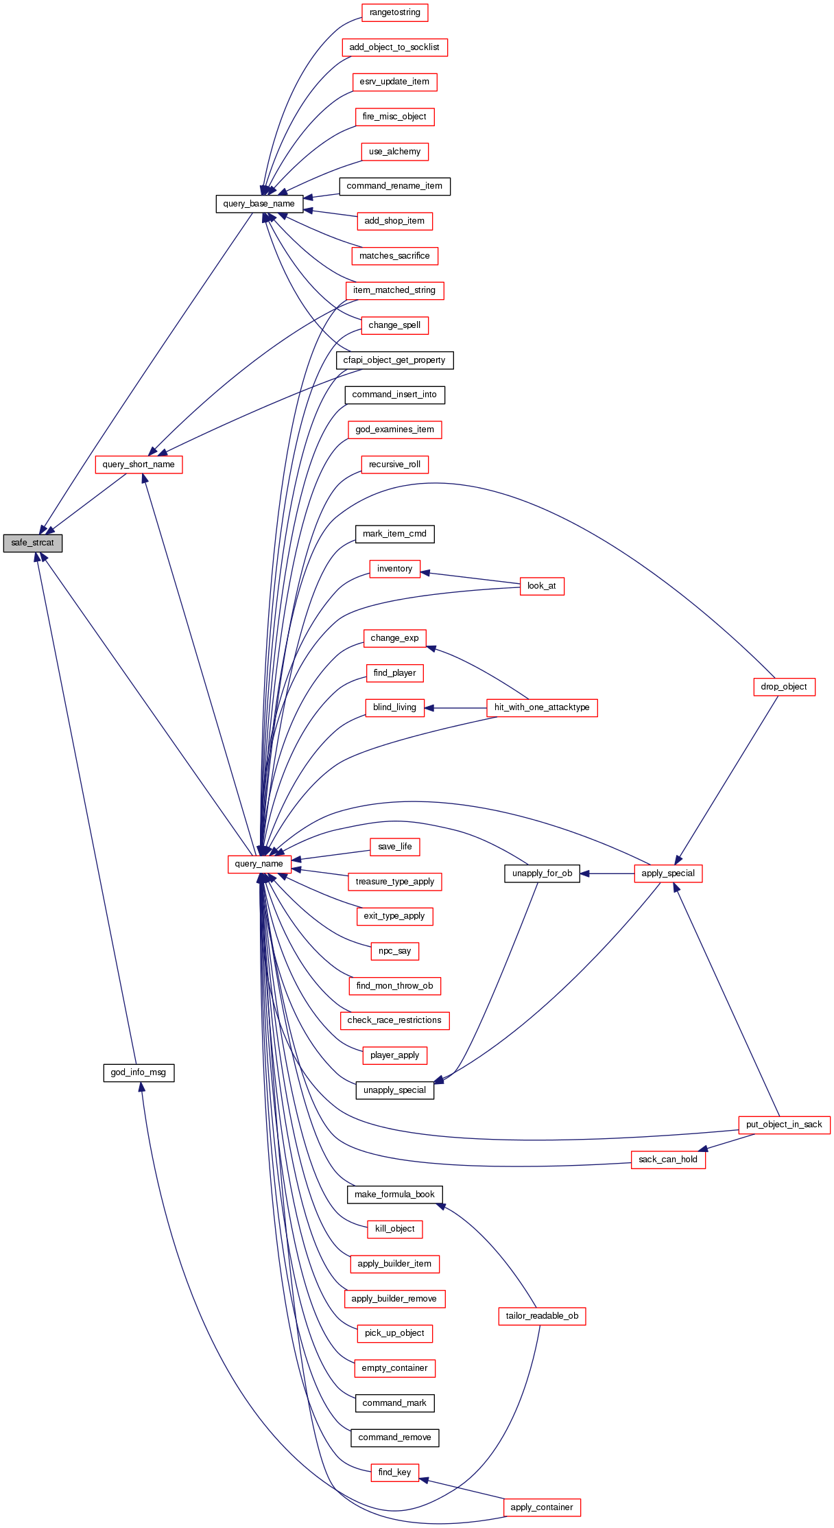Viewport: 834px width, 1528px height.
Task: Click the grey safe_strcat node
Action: [32, 543]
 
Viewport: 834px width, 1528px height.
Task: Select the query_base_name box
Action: [259, 204]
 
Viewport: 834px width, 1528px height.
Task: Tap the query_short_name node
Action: [139, 465]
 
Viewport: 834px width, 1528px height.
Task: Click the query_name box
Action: [259, 864]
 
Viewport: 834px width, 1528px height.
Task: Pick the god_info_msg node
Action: [139, 1072]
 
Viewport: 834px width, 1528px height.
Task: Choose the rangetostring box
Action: [394, 12]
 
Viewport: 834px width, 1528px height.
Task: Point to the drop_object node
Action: [783, 687]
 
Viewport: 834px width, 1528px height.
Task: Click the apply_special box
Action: [667, 873]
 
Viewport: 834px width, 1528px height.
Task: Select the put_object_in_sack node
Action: [783, 1125]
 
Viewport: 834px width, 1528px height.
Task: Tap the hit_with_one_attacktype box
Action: [542, 707]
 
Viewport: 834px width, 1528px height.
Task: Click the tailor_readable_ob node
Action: [542, 1316]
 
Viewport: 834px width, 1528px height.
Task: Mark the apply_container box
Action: [542, 1507]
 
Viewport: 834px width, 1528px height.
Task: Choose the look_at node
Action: [542, 586]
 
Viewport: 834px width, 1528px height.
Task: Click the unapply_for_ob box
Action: [542, 873]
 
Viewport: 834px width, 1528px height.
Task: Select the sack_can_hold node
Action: [667, 1160]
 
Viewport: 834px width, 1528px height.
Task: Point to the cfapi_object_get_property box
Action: [394, 360]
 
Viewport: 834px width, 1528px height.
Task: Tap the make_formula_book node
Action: [394, 1195]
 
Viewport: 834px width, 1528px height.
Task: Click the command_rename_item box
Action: [394, 186]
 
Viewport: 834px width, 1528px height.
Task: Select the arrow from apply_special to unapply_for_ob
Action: [607, 873]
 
